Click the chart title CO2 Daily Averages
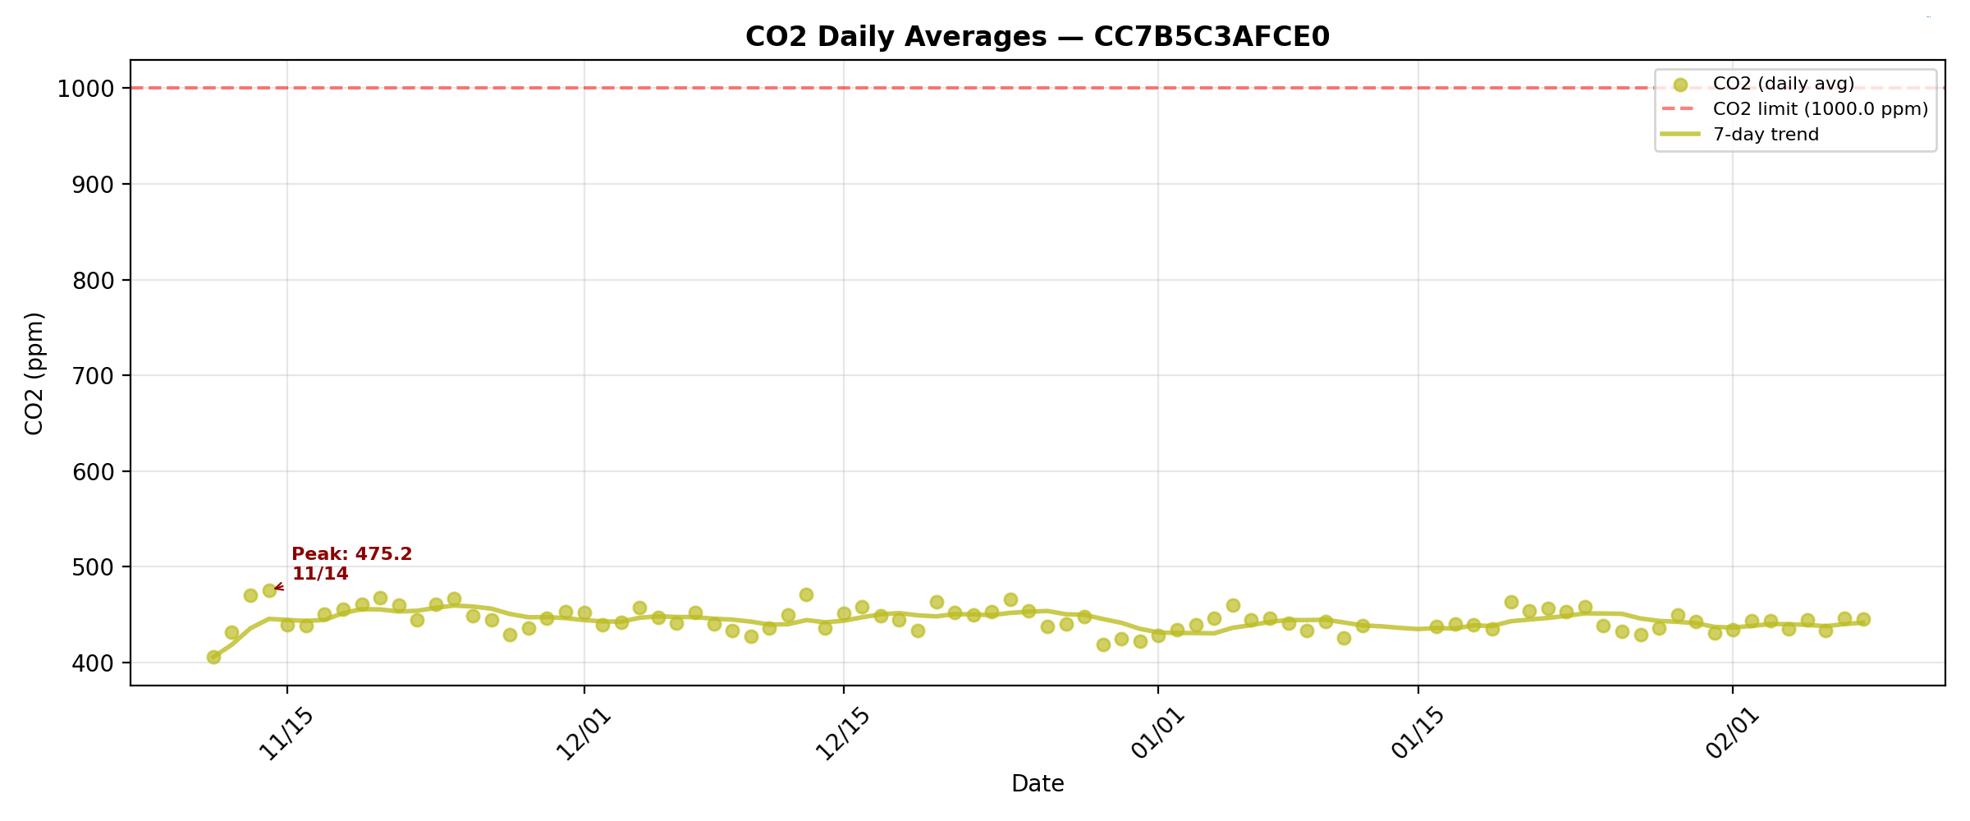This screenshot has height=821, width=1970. [x=1037, y=37]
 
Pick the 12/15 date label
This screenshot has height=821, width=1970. [x=842, y=733]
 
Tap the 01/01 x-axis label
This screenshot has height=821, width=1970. [x=1157, y=733]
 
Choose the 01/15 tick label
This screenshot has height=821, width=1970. [x=1418, y=733]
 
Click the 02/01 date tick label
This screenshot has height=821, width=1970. [x=1732, y=733]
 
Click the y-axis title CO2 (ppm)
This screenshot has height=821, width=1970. [x=34, y=374]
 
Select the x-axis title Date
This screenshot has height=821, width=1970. [x=1038, y=784]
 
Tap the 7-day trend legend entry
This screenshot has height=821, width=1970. [x=1766, y=135]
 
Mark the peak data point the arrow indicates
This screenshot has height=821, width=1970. [x=269, y=590]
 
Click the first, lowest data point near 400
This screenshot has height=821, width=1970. [x=213, y=657]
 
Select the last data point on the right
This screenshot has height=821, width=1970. [x=1863, y=619]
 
